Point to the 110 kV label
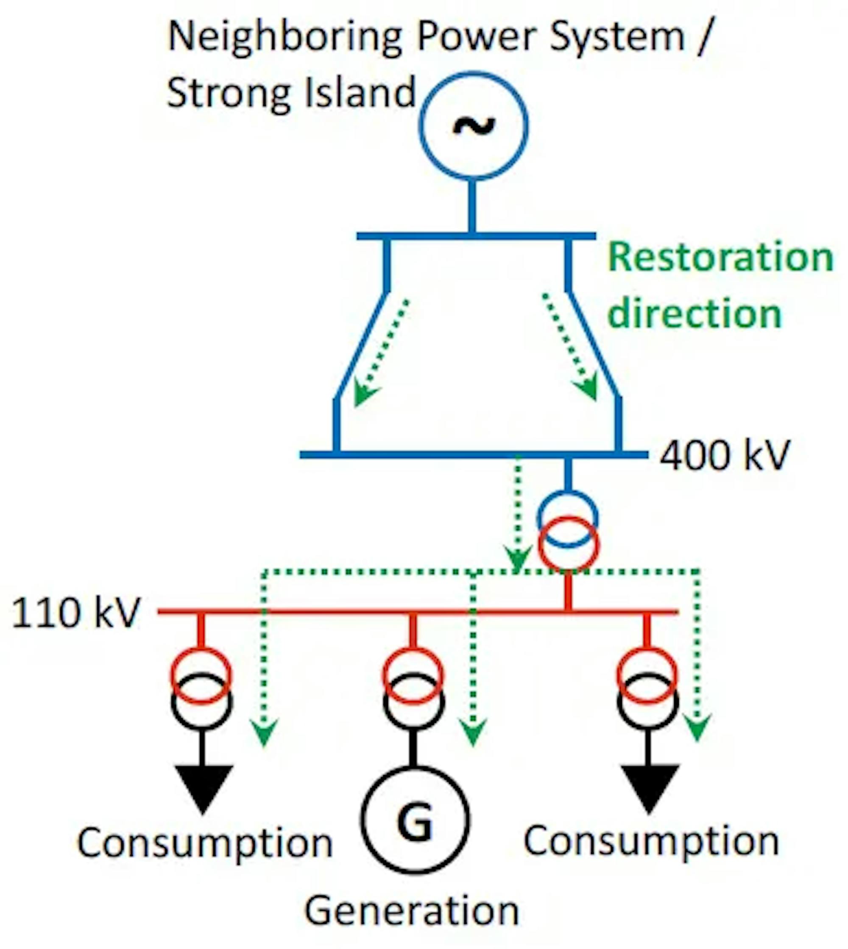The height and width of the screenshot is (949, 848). [75, 613]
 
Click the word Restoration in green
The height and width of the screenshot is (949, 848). [720, 258]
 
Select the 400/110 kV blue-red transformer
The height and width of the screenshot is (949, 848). [567, 532]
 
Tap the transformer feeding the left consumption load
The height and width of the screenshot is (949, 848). [201, 689]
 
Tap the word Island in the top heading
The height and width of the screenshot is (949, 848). [360, 93]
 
